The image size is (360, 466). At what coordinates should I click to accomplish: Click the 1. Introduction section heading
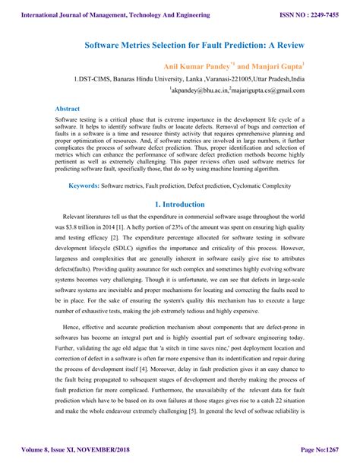(x=180, y=204)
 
